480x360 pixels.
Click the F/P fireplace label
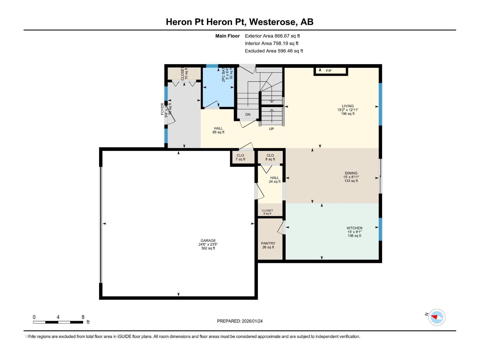tap(328, 71)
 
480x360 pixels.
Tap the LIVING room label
tap(348, 106)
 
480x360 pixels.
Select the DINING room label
tap(351, 173)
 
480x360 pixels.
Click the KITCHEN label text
tap(354, 228)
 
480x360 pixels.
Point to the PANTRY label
tap(268, 243)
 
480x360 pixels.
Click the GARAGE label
tap(208, 241)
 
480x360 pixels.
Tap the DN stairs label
tap(248, 114)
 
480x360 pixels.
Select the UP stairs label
tap(271, 129)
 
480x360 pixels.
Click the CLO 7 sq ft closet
tap(240, 157)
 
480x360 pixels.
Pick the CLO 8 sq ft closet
tap(270, 157)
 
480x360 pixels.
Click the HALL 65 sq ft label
tap(218, 130)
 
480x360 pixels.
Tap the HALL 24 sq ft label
tap(274, 179)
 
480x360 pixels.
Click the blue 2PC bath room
tap(218, 90)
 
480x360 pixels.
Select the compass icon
tap(436, 317)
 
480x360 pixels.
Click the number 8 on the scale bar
tap(83, 317)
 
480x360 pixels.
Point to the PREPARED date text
tap(240, 321)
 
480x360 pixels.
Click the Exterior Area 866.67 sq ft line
tap(272, 36)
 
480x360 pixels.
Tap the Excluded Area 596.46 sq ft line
tap(274, 51)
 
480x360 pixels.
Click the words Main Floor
tap(227, 36)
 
